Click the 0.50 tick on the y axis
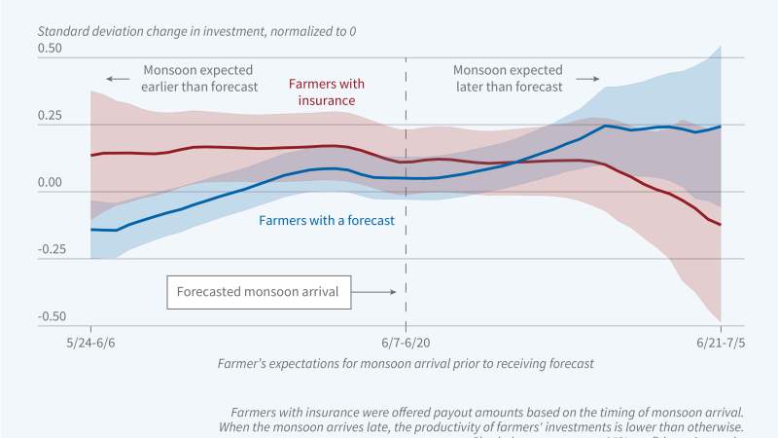49,49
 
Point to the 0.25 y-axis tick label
49,116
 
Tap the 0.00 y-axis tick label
49,183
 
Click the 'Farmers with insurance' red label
328,92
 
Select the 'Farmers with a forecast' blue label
327,221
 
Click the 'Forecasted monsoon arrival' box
259,291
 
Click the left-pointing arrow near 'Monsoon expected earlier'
117,78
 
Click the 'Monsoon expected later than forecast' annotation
508,78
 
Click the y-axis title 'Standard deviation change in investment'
195,31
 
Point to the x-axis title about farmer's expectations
406,363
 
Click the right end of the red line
721,225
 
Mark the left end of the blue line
90,230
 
